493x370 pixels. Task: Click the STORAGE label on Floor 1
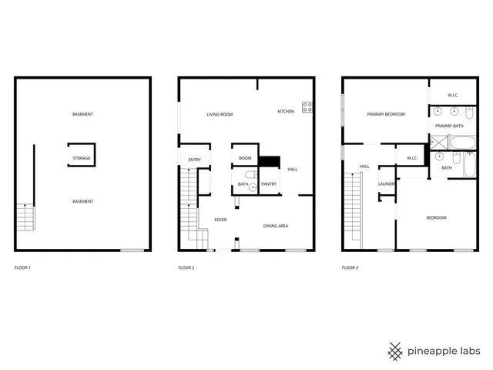pyautogui.click(x=82, y=158)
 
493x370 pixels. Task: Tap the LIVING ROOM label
pyautogui.click(x=220, y=114)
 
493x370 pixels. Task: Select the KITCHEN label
pyautogui.click(x=286, y=111)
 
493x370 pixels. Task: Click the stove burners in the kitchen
pyautogui.click(x=307, y=107)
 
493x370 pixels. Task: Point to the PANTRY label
pyautogui.click(x=269, y=184)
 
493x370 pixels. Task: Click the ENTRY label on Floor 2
pyautogui.click(x=194, y=160)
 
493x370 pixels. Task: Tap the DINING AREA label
pyautogui.click(x=276, y=226)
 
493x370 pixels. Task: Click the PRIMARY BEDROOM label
pyautogui.click(x=386, y=114)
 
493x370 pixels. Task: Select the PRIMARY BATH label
pyautogui.click(x=448, y=125)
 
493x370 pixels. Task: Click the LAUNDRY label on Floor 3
pyautogui.click(x=387, y=184)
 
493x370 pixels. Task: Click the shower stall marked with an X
pyautogui.click(x=438, y=143)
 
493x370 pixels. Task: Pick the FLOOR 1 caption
pyautogui.click(x=23, y=268)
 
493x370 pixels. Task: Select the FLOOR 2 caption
pyautogui.click(x=186, y=268)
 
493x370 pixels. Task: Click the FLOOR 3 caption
pyautogui.click(x=350, y=268)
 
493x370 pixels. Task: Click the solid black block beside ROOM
pyautogui.click(x=269, y=161)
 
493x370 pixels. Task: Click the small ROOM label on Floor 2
pyautogui.click(x=245, y=158)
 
